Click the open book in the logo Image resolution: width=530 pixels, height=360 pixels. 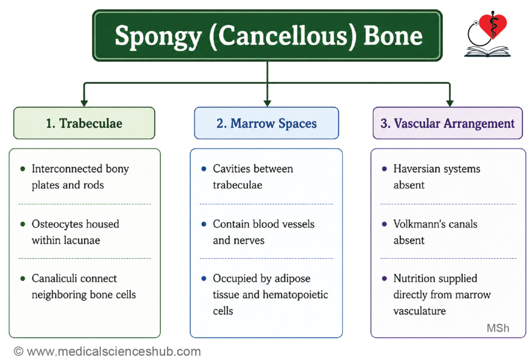click(x=488, y=51)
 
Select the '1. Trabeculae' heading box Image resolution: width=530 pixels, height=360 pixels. click(x=84, y=123)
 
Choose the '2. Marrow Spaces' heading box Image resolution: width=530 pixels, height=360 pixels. click(x=267, y=123)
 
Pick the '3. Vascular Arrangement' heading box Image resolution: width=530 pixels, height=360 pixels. click(x=448, y=123)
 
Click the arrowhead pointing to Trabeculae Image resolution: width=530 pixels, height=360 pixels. click(x=84, y=103)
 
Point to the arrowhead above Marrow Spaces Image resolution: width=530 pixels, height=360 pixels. click(x=268, y=103)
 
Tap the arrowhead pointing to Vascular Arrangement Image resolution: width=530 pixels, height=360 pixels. click(x=450, y=103)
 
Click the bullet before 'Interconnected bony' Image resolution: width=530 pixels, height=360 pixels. click(x=23, y=169)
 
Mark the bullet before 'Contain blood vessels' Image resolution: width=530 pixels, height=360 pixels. click(x=204, y=224)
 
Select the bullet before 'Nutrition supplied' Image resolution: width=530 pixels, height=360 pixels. click(x=385, y=279)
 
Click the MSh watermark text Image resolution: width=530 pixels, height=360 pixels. click(x=498, y=328)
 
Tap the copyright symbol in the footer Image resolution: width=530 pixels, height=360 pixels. click(x=19, y=352)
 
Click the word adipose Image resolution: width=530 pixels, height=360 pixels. click(x=292, y=279)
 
